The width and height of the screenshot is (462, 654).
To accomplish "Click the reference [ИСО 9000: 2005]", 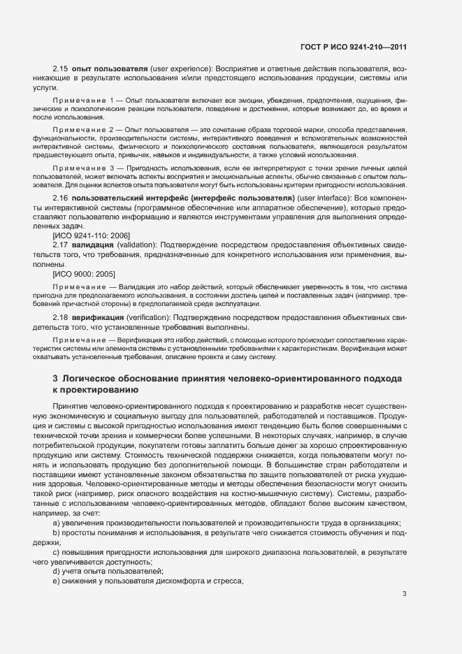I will click(84, 273).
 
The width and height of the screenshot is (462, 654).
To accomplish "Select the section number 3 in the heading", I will click(55, 379).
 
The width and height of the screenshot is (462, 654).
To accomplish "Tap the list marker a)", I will click(57, 523).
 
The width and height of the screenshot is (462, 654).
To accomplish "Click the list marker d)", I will click(57, 572).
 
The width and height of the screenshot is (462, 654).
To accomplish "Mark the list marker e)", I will click(57, 581).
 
